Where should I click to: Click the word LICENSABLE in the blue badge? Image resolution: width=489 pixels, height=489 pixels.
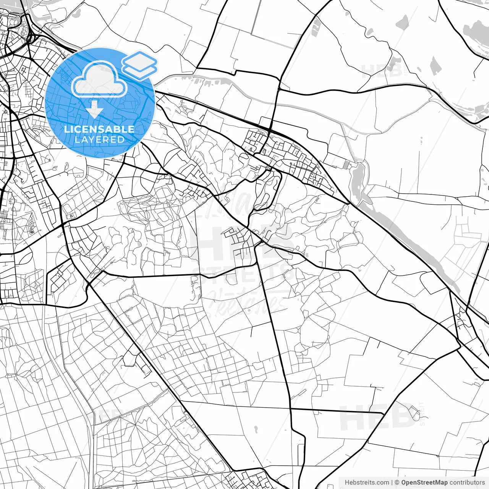pos(99,129)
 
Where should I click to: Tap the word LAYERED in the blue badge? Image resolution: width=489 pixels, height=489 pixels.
pos(99,139)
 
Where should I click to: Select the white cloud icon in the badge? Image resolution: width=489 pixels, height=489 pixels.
pos(99,79)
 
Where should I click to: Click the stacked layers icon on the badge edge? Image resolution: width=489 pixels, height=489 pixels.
pos(139,65)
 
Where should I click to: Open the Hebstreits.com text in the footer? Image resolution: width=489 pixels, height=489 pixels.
pos(367,483)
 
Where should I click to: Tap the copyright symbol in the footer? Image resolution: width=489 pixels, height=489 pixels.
pos(397,483)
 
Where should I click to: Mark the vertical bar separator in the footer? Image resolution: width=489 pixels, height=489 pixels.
pos(392,483)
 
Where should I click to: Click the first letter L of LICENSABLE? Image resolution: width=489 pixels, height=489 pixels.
pos(66,129)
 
